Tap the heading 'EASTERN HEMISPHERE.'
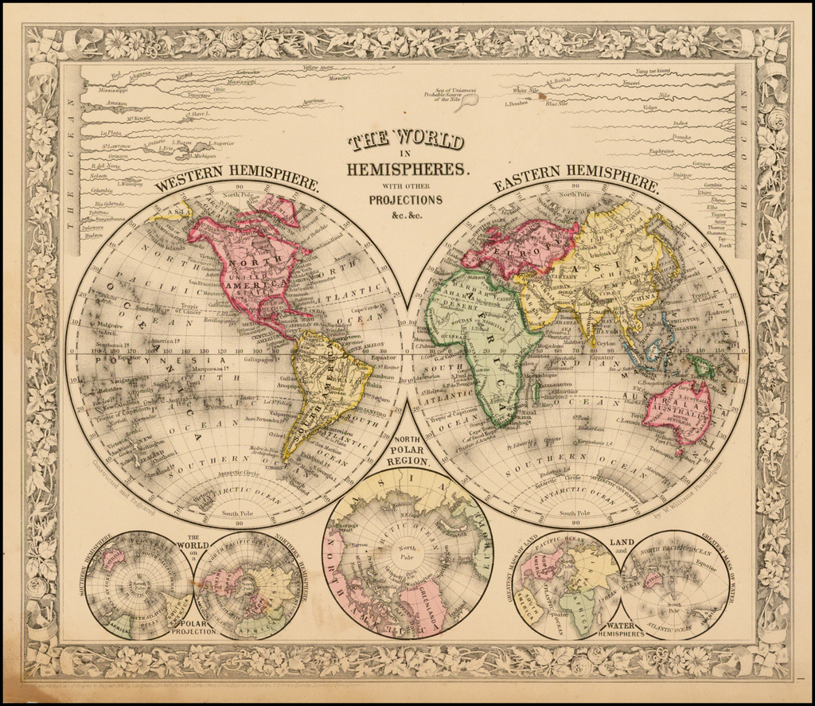coord(576,180)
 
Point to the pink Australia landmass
coord(678,410)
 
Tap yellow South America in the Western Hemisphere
coord(322,390)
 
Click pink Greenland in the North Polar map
coord(422,601)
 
